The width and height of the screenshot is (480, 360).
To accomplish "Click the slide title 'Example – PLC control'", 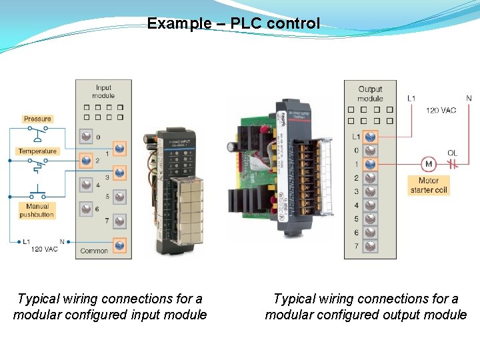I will click(233, 24).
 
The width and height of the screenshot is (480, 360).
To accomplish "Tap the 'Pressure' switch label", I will click(37, 119).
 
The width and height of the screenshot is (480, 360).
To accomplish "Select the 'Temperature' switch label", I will click(37, 151).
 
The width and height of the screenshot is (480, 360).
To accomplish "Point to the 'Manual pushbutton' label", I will click(37, 211).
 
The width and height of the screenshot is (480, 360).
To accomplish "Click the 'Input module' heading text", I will click(103, 91).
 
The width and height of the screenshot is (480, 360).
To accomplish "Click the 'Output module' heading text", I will click(370, 93).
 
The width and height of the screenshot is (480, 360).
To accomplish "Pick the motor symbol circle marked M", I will click(428, 164).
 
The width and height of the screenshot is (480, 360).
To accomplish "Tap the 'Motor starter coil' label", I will click(429, 185).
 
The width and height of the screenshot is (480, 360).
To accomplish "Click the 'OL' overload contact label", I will click(452, 153).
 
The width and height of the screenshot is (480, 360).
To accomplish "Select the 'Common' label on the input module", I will click(94, 251).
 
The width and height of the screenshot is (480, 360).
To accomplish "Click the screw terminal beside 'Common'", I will click(120, 245).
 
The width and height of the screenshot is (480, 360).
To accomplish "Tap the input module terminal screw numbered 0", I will click(86, 137).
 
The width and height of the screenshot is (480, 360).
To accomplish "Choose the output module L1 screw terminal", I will click(370, 137).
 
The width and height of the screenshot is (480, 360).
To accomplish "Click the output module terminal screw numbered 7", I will click(370, 246).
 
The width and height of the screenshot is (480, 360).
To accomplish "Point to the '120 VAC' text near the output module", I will click(441, 110).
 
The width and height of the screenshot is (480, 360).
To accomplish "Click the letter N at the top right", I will click(469, 99).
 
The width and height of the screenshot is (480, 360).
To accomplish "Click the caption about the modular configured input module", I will click(110, 307).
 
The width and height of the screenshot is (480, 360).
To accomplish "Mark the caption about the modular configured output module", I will click(366, 307).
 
